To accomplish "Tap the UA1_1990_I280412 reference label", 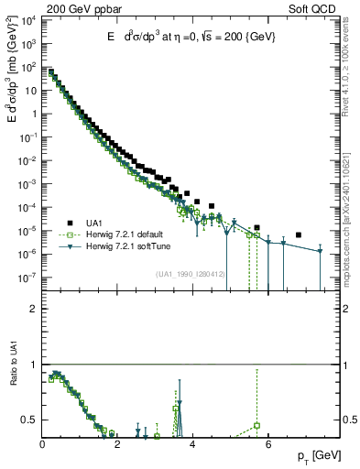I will point(191,273).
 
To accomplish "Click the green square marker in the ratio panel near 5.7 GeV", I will point(256,425).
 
